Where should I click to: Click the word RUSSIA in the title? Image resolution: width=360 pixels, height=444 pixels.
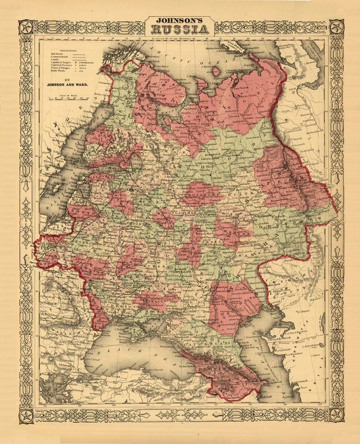180,29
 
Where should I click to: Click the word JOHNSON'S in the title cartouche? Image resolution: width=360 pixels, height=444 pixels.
180,20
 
